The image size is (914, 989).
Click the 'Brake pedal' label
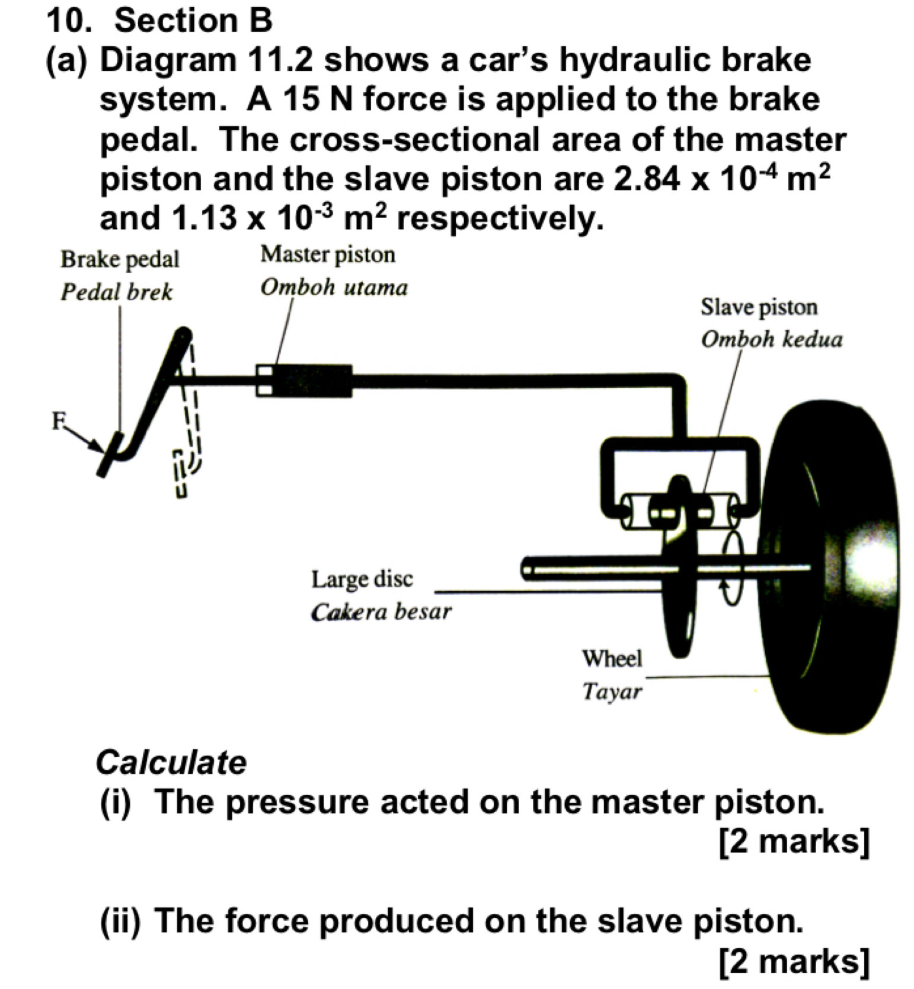(120, 260)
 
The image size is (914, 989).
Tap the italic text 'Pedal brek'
(117, 292)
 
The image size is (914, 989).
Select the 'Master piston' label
(328, 254)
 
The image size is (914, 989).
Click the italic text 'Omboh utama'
(334, 288)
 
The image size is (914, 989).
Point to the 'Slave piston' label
(759, 307)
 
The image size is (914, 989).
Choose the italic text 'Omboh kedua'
(771, 340)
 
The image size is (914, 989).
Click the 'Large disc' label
(362, 579)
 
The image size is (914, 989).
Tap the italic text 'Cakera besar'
(381, 612)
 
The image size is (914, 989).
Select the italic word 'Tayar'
(612, 691)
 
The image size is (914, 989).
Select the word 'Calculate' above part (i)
(171, 763)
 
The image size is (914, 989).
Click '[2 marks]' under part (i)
(794, 841)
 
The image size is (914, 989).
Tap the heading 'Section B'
(193, 21)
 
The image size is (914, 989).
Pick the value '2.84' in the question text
(647, 179)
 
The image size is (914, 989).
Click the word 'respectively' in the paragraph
(499, 219)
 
